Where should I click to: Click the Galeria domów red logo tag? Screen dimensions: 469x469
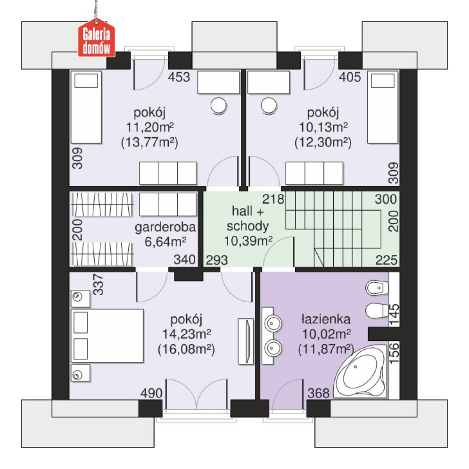[96, 38]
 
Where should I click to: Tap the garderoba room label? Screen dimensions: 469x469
[165, 227]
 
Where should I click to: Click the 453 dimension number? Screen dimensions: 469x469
[179, 77]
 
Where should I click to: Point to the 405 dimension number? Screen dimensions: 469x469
[350, 77]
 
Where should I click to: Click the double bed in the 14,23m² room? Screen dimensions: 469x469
[107, 336]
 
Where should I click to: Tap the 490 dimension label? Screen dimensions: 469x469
[151, 393]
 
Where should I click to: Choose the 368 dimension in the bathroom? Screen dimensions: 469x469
[319, 393]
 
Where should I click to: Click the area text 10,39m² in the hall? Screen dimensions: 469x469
[248, 241]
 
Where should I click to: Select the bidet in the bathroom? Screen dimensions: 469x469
[377, 288]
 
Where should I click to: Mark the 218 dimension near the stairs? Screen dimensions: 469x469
[273, 199]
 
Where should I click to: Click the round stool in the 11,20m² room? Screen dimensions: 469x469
[218, 106]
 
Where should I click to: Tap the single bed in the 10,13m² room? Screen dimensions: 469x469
[383, 107]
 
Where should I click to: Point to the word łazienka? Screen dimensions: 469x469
[326, 319]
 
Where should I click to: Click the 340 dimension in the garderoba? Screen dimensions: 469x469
[185, 260]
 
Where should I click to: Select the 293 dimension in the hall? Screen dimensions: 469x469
[217, 260]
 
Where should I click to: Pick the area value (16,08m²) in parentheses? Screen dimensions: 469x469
[186, 349]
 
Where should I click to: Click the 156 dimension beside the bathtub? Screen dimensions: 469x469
[394, 353]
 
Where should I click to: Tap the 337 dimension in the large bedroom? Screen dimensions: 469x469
[98, 284]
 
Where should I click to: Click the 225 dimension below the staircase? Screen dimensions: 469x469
[387, 260]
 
